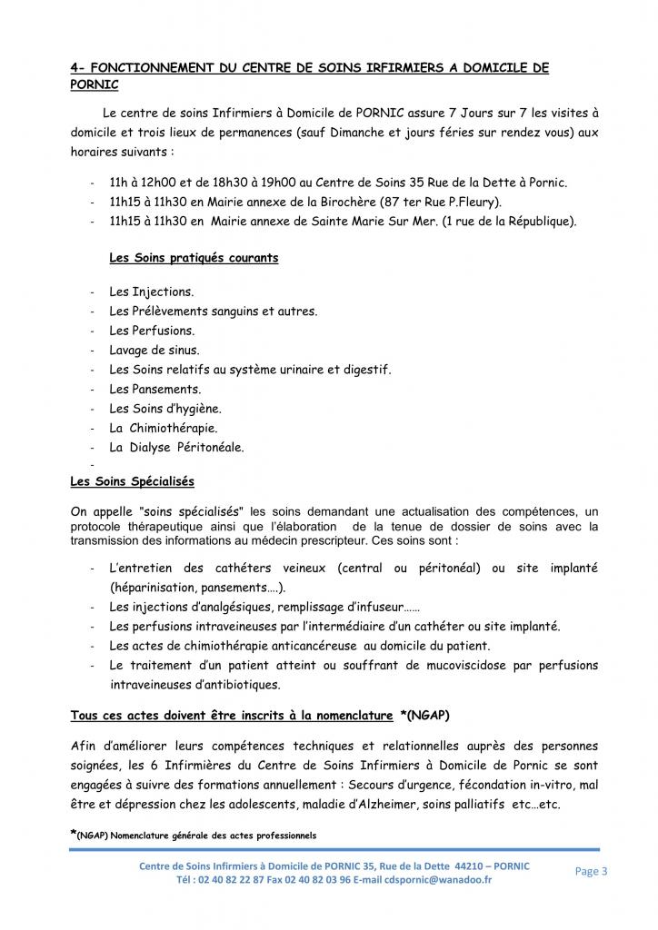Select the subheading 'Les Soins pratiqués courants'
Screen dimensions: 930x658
[x=194, y=258]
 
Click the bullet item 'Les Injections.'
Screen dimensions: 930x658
[x=151, y=292]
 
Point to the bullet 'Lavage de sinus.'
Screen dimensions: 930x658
[x=155, y=350]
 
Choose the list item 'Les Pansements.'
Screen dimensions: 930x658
[x=155, y=389]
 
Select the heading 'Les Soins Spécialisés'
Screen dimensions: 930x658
[x=132, y=480]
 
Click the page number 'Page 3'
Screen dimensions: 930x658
[x=592, y=872]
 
